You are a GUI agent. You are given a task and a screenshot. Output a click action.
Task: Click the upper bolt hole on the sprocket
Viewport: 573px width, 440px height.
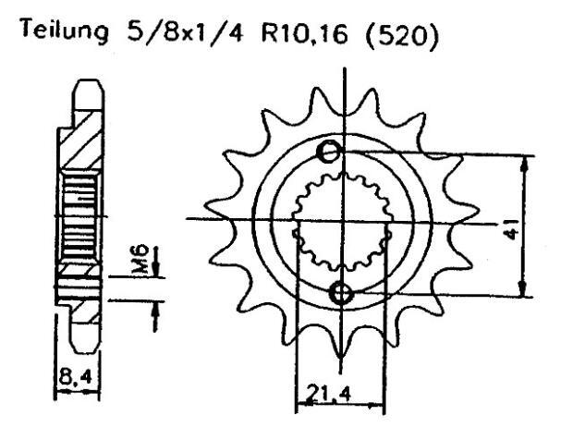[328, 153]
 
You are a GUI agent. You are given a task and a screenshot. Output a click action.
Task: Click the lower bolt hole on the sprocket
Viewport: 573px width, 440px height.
[342, 294]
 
